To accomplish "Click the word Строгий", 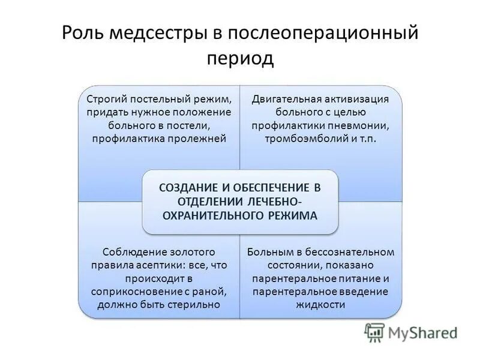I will [x=106, y=98].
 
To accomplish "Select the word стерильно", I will [x=199, y=304].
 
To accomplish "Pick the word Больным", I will [x=267, y=251].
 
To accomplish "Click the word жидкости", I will [x=320, y=304].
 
